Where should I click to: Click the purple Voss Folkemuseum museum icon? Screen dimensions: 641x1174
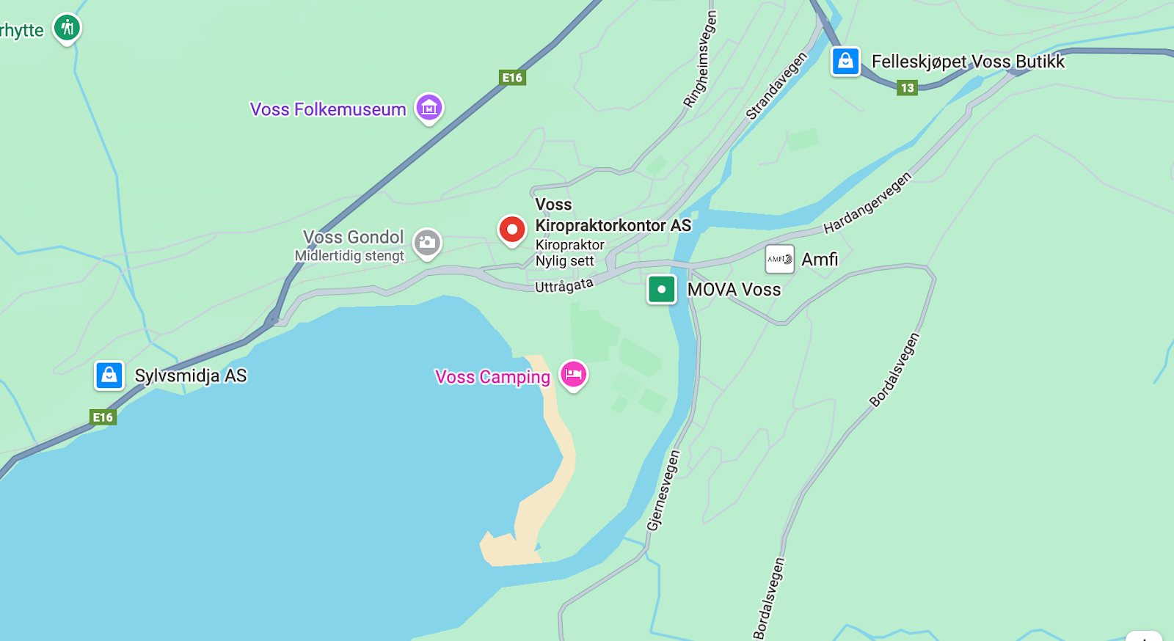pos(429,108)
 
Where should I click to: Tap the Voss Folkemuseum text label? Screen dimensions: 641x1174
pos(328,109)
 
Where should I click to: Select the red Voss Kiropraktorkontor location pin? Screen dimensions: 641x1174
pos(512,230)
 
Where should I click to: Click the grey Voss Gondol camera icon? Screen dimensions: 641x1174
pos(427,243)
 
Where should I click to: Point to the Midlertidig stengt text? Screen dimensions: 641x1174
pos(349,256)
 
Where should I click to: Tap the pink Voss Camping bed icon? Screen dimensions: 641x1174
pos(574,374)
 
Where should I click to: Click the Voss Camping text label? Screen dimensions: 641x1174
pos(492,377)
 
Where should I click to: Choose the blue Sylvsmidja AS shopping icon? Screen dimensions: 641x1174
pos(109,376)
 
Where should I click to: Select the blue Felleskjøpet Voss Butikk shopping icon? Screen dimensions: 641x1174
pos(845,61)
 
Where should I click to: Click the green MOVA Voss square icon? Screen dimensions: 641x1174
pos(661,289)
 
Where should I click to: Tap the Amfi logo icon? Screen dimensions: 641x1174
pos(779,259)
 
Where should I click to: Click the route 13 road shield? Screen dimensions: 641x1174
pos(908,88)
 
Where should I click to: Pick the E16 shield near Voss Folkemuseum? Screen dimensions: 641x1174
pos(512,78)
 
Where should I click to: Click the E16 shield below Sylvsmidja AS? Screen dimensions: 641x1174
pos(103,417)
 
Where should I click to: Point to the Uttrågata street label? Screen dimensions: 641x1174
pos(564,285)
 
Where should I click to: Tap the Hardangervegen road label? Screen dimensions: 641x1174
pos(867,203)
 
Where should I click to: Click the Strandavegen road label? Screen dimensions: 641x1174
pos(776,87)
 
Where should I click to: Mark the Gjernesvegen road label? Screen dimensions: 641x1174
pos(663,491)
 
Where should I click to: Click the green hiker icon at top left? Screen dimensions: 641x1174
pos(68,28)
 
